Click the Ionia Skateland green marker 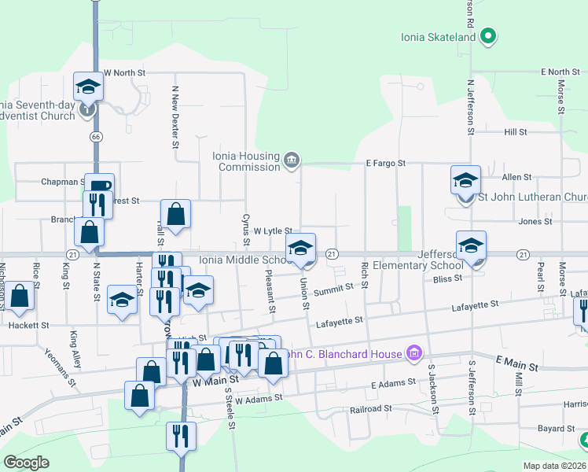coord(488,36)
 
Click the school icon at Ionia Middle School coord(300,248)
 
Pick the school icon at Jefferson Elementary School coord(471,245)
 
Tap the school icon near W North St coord(88,86)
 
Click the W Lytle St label coord(274,230)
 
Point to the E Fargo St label coord(385,164)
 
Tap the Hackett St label coord(29,325)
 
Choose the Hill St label coord(516,132)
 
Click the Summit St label coord(334,290)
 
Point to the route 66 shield coord(96,136)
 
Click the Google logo coord(26,463)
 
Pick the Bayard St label coord(556,429)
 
